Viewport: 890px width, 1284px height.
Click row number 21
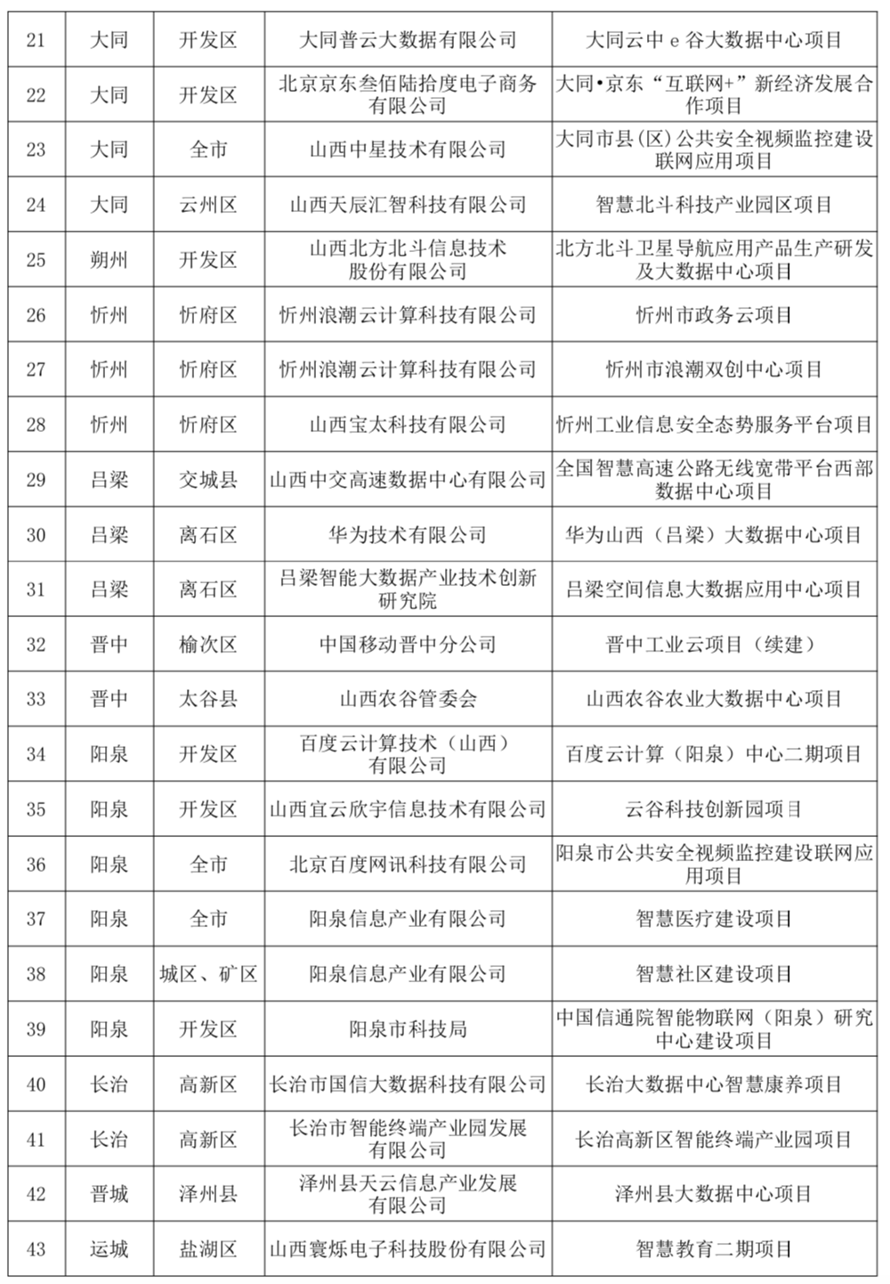36,40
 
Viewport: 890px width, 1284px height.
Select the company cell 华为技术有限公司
408,535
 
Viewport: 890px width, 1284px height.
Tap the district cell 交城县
208,480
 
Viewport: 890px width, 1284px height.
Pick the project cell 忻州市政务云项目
714,315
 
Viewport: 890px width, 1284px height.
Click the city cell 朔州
109,260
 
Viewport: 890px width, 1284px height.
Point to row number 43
36,1249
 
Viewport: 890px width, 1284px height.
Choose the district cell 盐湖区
208,1249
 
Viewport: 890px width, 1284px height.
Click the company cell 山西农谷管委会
408,700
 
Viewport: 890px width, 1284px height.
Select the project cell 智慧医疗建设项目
714,919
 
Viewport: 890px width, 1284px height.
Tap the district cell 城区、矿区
208,974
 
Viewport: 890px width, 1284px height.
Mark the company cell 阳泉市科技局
408,1029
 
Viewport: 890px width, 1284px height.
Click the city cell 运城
109,1249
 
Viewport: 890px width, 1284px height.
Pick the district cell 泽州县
208,1194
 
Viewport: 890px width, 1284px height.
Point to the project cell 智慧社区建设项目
714,974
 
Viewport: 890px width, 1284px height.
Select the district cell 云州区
208,205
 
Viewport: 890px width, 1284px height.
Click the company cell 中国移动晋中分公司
408,645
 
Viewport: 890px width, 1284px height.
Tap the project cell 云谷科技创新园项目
714,809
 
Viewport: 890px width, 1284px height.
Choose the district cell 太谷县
208,700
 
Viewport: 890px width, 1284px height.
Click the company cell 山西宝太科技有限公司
408,425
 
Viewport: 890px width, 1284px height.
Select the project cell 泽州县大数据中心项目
714,1194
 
